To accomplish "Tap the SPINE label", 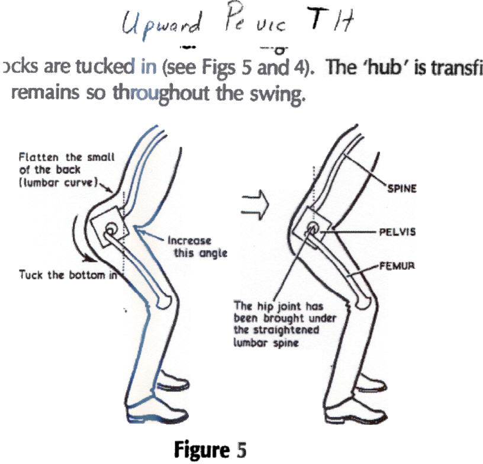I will click(x=403, y=188).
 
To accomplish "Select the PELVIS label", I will click(x=397, y=233).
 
